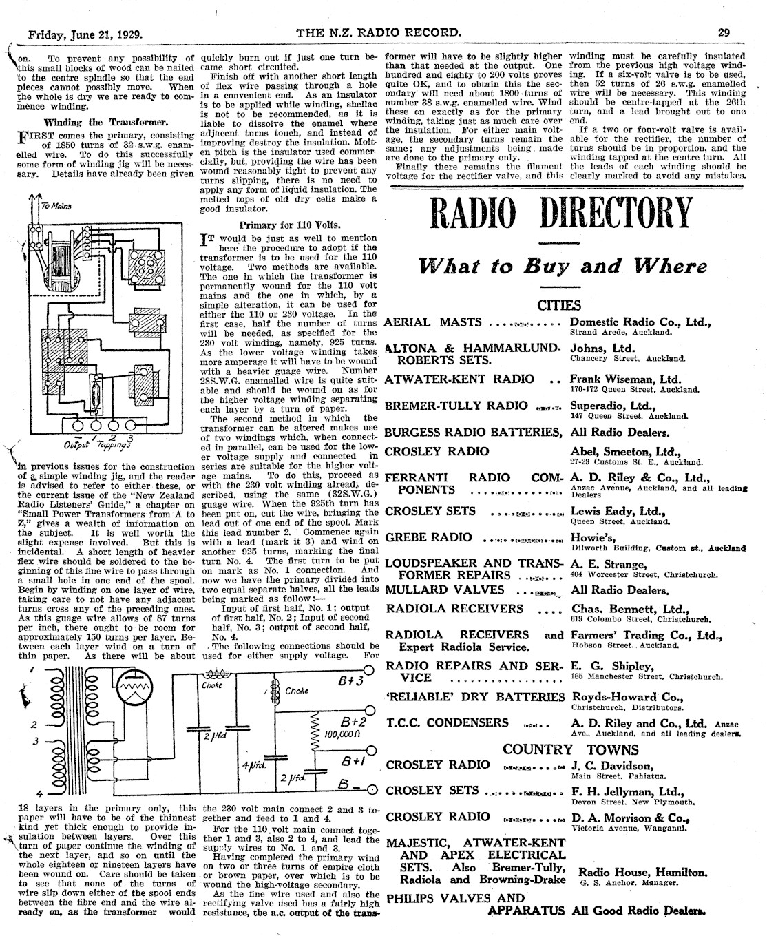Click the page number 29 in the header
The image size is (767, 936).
[724, 32]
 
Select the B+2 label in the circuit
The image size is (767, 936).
[352, 722]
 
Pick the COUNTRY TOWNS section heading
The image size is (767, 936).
[561, 749]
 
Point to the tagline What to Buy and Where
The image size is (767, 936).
[563, 266]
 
